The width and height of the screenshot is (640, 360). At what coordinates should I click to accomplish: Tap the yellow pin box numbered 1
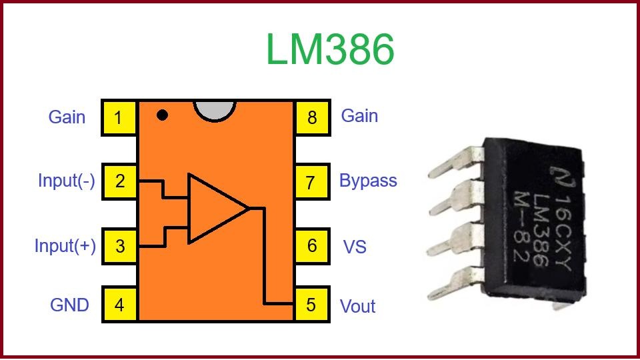(119, 118)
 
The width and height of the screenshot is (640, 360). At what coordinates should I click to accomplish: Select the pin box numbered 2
(119, 181)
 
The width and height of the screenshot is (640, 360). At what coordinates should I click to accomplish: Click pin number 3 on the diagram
(119, 245)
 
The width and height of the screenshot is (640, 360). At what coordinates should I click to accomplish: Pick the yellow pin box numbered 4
(119, 305)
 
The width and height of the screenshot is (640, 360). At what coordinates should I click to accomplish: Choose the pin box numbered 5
(311, 305)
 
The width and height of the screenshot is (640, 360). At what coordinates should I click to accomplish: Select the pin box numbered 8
(311, 118)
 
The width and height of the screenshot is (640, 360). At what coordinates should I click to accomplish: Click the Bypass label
(368, 181)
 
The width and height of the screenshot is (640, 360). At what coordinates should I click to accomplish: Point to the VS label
(355, 247)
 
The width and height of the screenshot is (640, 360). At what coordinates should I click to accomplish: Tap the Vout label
(358, 307)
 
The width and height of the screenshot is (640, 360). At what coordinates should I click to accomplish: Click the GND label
(69, 305)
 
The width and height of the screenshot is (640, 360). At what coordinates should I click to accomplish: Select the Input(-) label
(66, 181)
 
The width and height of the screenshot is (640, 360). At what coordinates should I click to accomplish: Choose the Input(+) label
(65, 246)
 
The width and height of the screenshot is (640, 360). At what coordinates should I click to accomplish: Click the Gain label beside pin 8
(359, 116)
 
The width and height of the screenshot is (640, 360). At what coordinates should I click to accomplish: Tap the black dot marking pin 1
(162, 115)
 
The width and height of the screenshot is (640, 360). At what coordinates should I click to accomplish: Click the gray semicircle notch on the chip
(215, 110)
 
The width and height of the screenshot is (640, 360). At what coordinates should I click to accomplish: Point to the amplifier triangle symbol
(213, 208)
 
